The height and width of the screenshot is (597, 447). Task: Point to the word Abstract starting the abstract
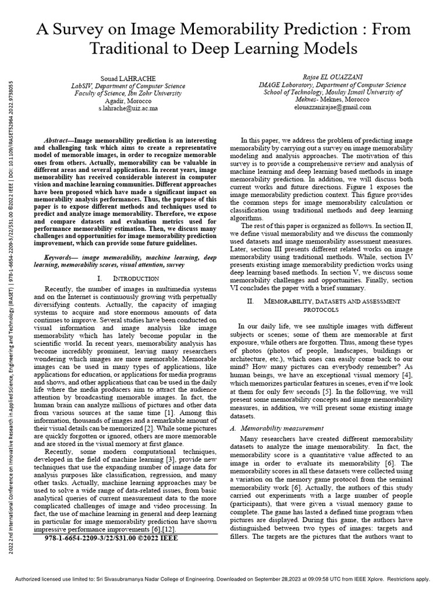point(58,142)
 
